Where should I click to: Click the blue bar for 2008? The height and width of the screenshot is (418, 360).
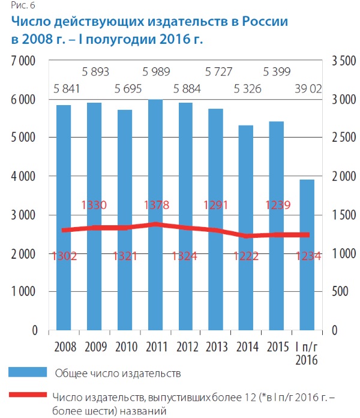point(64,216)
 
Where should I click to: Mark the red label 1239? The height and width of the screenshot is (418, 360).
point(277,205)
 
